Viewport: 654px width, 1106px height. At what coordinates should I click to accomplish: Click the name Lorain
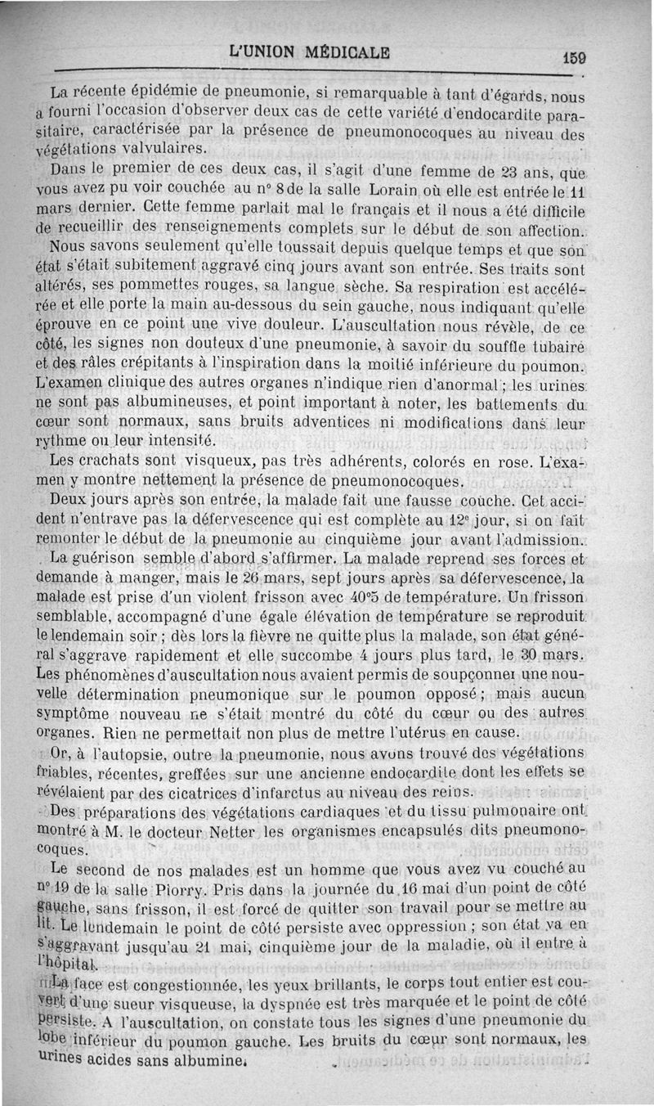click(x=400, y=190)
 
